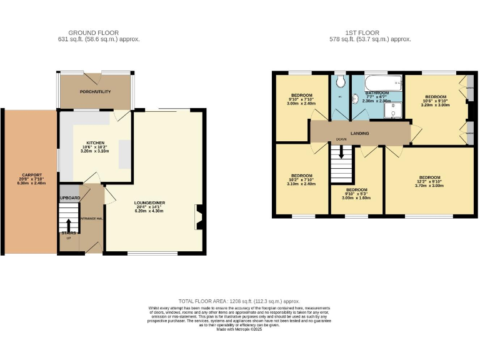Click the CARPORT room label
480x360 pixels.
pyautogui.click(x=32, y=174)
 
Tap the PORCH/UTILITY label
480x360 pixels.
pyautogui.click(x=95, y=92)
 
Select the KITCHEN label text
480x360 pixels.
pyautogui.click(x=95, y=142)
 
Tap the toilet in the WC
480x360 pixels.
pyautogui.click(x=340, y=82)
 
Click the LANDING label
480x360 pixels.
pyautogui.click(x=359, y=133)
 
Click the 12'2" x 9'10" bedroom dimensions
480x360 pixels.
pyautogui.click(x=429, y=181)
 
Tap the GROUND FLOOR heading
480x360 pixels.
pyautogui.click(x=94, y=32)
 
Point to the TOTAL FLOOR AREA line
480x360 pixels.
pyautogui.click(x=239, y=301)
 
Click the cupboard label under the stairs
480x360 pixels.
pyautogui.click(x=70, y=197)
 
